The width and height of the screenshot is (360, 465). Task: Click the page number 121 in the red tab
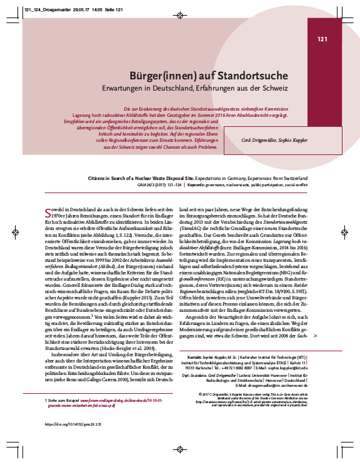(x=322, y=39)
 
